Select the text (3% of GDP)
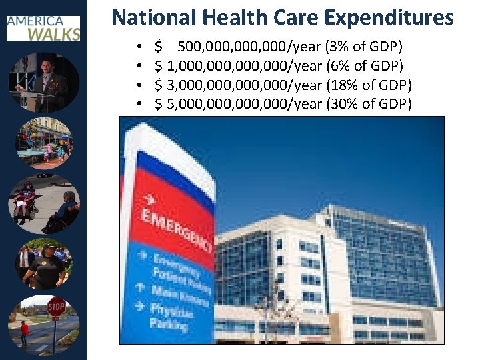point(364,47)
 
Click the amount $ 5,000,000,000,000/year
point(238,104)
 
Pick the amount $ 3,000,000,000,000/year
point(238,85)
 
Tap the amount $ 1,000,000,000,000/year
point(238,66)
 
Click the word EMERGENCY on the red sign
point(176,230)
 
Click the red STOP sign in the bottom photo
point(56,308)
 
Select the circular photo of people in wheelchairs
point(44,204)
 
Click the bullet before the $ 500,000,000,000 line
point(137,47)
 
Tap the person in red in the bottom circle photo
point(25,331)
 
